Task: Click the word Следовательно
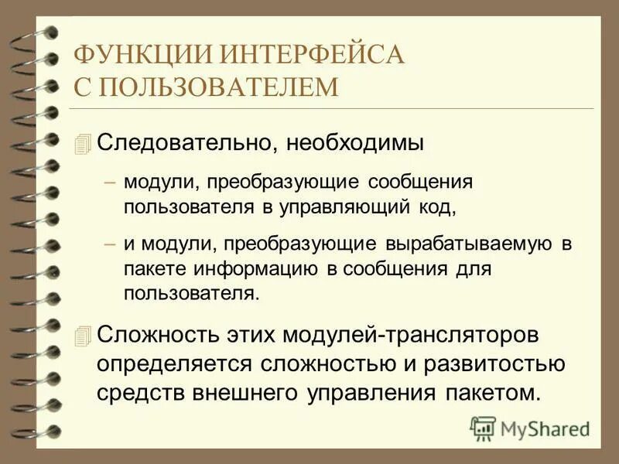[x=188, y=144]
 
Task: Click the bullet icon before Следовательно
[x=84, y=144]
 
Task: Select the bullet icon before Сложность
[x=84, y=336]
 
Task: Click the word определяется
[x=176, y=363]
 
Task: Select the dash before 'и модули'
[x=110, y=244]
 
